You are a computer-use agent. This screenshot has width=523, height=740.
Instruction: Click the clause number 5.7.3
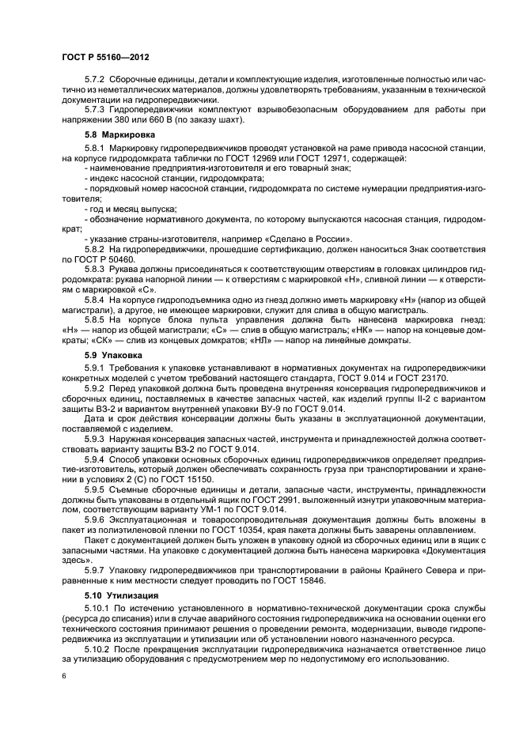(96, 108)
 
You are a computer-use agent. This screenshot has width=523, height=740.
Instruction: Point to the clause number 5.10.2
(98, 647)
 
